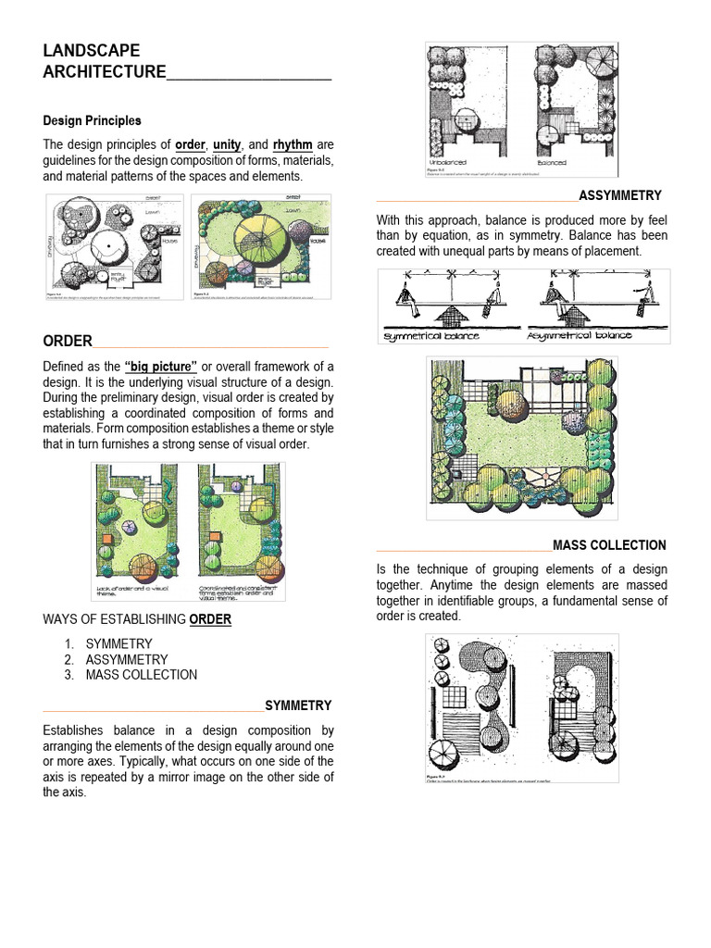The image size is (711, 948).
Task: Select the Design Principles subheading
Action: (92, 120)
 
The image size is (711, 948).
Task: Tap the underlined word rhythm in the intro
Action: (292, 144)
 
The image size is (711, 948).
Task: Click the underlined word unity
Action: (226, 144)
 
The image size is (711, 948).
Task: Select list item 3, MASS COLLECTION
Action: (141, 675)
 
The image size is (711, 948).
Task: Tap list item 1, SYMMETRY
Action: (118, 643)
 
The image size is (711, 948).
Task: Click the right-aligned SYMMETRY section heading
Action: (298, 705)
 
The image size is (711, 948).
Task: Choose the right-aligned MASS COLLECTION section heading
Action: (609, 545)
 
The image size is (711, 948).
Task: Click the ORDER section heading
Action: (68, 342)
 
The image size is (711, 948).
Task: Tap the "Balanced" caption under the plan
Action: (552, 162)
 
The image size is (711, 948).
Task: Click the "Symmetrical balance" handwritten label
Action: (430, 335)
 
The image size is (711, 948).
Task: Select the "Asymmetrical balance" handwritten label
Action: (580, 334)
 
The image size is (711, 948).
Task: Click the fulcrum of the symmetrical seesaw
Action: (453, 317)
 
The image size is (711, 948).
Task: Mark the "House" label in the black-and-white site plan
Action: (169, 241)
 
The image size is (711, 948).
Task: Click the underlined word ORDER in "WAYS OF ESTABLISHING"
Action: (210, 619)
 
